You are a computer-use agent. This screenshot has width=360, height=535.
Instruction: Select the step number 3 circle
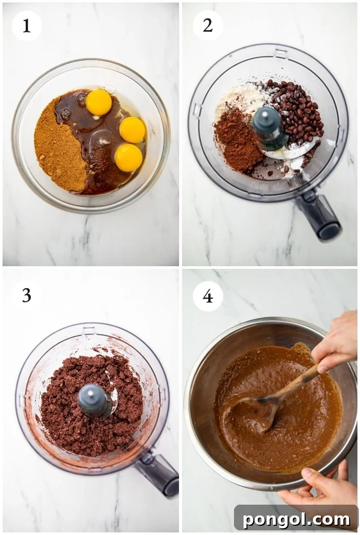[x=27, y=296]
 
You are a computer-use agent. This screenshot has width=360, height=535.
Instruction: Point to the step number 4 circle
[x=208, y=296]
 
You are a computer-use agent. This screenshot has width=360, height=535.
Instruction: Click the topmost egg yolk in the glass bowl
[x=99, y=102]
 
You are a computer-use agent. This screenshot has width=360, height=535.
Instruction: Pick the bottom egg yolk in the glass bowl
[x=128, y=157]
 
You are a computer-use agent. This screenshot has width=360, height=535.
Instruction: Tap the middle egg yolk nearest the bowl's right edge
[x=132, y=130]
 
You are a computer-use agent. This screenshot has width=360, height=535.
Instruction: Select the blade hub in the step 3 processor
[x=94, y=400]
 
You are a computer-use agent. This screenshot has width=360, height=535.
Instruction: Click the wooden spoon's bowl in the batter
[x=255, y=411]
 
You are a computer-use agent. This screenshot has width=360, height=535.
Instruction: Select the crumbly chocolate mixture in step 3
[x=67, y=406]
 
